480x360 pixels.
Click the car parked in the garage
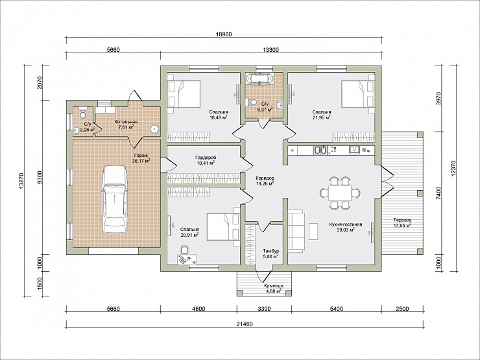pos(115,200)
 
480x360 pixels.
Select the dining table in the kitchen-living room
pos(340,193)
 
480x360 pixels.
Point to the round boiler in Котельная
pos(154,129)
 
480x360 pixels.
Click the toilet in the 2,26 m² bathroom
pos(82,113)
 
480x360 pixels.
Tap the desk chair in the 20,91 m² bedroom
pos(184,250)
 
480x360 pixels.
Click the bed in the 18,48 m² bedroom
pos(184,93)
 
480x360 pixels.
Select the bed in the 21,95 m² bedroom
pos(358,93)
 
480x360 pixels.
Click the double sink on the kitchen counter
pos(320,150)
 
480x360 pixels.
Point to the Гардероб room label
pos(205,158)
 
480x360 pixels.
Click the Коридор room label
pos(265,178)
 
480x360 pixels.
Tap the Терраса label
pos(402,220)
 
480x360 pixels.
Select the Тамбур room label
pos(270,251)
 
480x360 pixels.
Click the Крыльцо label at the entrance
pos(273,285)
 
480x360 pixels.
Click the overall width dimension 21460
pos(245,324)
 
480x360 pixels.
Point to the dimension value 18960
pos(224,34)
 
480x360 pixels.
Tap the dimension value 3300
pos(264,309)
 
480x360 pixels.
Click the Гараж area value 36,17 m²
pos(141,160)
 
